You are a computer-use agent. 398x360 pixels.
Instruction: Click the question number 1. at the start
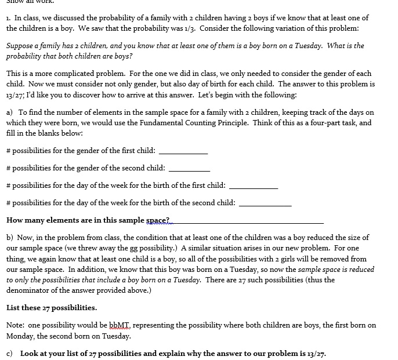point(9,18)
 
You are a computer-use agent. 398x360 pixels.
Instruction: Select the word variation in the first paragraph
point(294,28)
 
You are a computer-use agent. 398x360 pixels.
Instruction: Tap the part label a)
point(10,112)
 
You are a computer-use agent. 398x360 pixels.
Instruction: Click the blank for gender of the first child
point(183,152)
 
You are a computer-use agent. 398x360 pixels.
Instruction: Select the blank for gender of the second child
point(189,169)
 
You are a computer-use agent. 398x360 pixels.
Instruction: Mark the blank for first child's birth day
point(254,187)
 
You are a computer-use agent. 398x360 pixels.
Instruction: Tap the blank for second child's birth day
point(265,204)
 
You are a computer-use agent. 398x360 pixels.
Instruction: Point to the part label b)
point(10,238)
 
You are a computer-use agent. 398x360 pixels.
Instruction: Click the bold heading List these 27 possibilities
point(52,308)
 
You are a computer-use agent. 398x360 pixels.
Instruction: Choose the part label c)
point(10,353)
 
